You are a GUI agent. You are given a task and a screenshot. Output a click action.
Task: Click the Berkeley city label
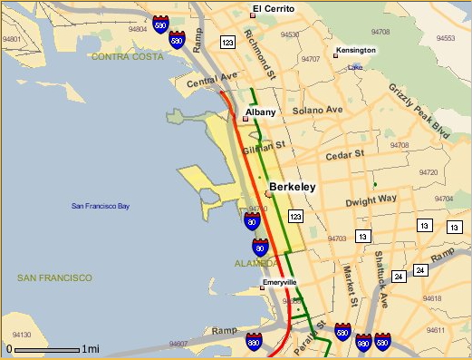click(292, 187)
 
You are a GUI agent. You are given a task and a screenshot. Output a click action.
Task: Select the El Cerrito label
click(269, 9)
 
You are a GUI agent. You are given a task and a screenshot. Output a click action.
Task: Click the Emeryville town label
click(279, 282)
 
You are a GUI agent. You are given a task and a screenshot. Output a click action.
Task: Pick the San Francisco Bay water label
click(101, 207)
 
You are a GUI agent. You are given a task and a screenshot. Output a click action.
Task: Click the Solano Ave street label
click(323, 110)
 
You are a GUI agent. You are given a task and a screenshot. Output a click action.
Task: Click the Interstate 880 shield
click(255, 341)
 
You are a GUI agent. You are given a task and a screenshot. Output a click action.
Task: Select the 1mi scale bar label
click(90, 349)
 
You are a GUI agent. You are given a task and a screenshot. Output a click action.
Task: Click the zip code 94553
click(445, 39)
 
